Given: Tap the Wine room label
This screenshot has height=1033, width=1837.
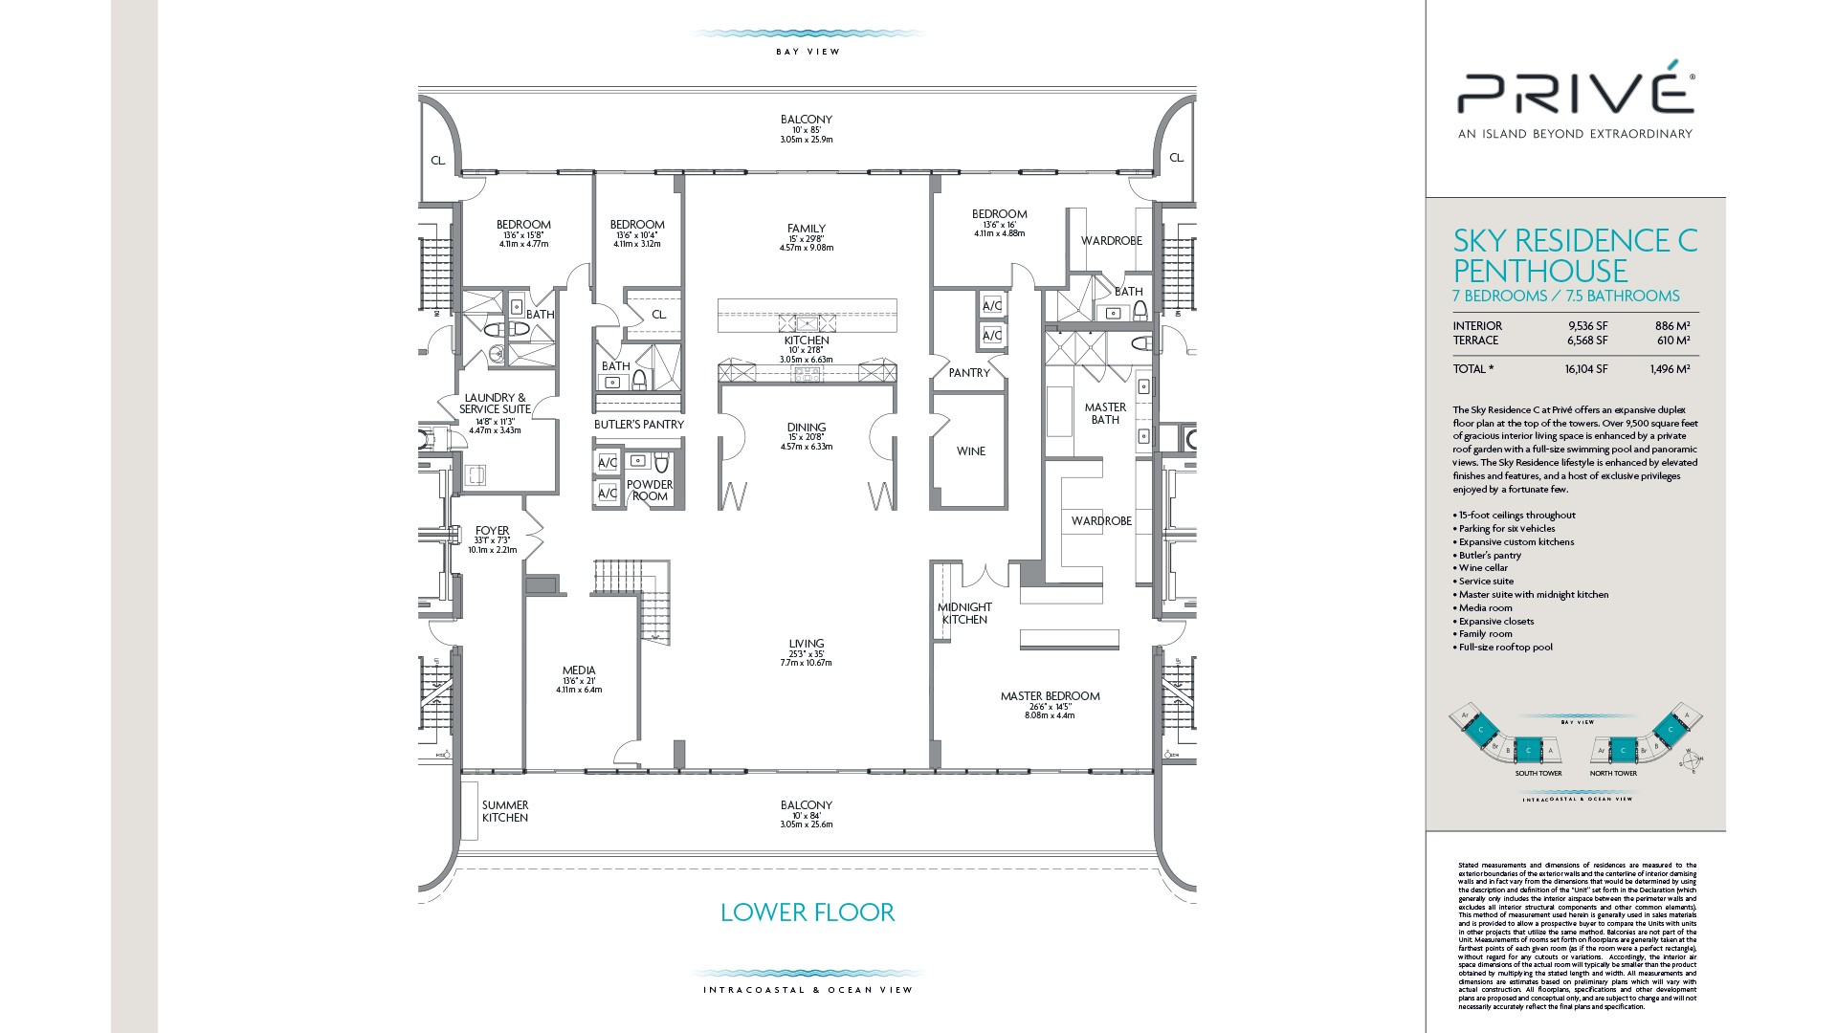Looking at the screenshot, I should [970, 451].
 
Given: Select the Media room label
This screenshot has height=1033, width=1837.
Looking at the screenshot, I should [579, 670].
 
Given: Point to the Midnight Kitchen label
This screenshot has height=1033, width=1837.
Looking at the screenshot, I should [964, 613].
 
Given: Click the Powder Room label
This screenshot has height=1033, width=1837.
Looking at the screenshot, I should [650, 490].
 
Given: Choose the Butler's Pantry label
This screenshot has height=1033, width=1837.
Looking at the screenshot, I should [639, 424].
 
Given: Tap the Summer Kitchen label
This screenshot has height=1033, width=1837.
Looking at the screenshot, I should [505, 811].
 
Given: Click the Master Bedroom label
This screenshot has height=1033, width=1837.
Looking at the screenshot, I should [1050, 696].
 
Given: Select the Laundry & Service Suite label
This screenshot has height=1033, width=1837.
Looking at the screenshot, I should [495, 404].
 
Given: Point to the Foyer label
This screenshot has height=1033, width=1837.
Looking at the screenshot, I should [493, 531].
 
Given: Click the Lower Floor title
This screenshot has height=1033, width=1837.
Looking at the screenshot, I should [808, 912].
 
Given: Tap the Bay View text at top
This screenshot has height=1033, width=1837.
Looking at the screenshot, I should [808, 52].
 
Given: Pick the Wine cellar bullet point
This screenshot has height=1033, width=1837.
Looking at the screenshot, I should [1483, 568].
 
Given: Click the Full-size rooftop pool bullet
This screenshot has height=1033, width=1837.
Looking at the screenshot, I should [1505, 648].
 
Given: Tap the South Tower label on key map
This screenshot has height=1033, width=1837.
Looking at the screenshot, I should [1538, 774].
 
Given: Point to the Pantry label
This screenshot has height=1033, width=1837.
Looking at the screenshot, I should [969, 373].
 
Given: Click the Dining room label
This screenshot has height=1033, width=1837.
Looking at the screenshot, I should [807, 428].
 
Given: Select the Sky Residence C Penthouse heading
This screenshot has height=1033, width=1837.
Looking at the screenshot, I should [1575, 254].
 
